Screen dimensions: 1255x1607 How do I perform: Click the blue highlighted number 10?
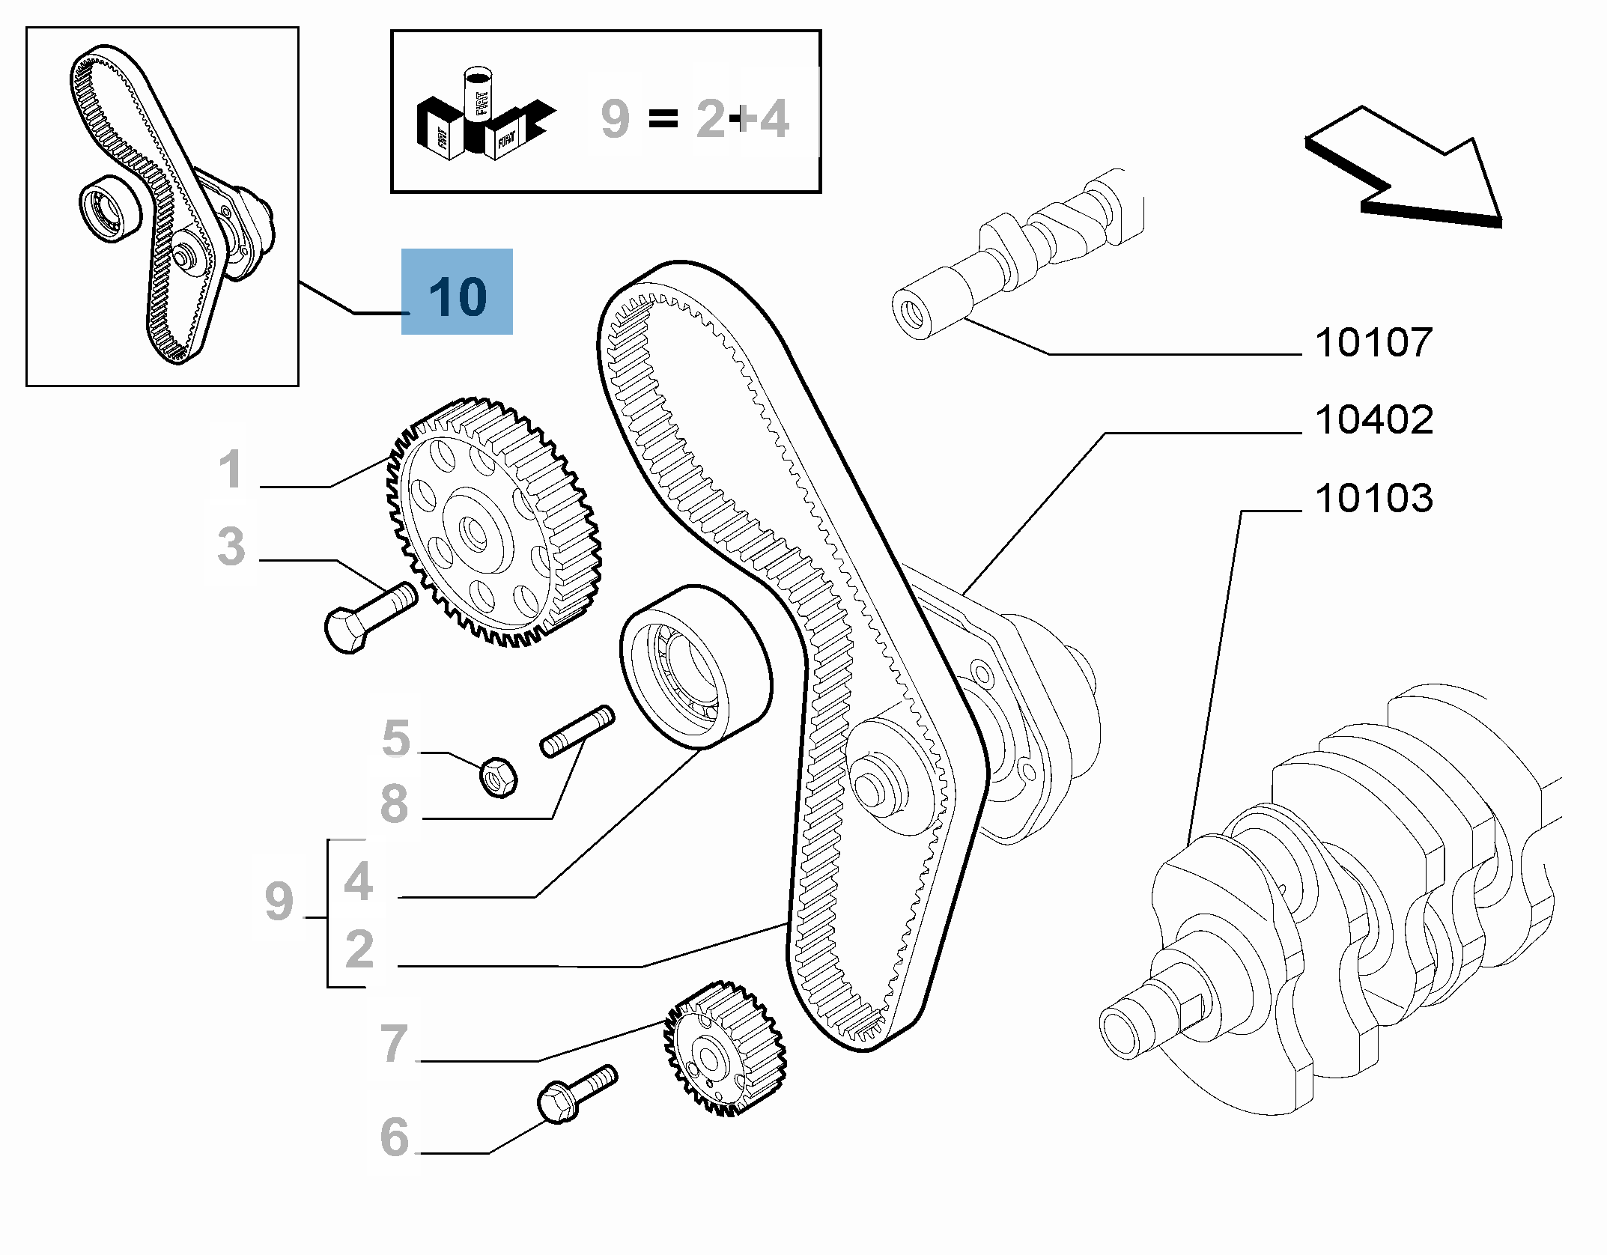[x=458, y=295]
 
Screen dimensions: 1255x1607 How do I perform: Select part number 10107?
[x=1373, y=343]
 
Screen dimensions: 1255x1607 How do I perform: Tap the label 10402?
[x=1373, y=420]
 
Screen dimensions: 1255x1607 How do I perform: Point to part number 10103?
[x=1373, y=499]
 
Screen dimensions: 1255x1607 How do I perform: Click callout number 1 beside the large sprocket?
[x=231, y=470]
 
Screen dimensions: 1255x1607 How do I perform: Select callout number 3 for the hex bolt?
[x=231, y=547]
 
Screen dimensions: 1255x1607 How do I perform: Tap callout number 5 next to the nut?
[x=396, y=738]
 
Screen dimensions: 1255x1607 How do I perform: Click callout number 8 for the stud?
[x=395, y=804]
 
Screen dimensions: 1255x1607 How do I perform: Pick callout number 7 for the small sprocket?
[x=394, y=1043]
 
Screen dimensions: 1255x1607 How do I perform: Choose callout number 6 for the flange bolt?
[x=395, y=1137]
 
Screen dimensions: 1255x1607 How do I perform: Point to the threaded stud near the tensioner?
[x=577, y=732]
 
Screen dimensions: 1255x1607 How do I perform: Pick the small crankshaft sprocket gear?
[x=724, y=1048]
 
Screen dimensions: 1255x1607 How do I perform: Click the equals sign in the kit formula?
[x=663, y=118]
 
